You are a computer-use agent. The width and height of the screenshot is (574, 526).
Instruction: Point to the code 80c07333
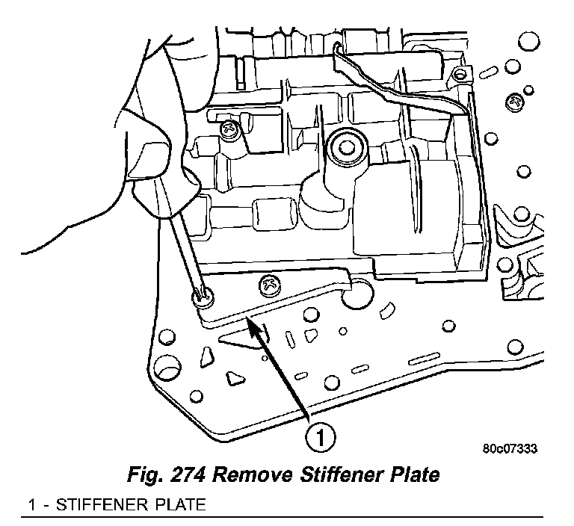[x=510, y=449]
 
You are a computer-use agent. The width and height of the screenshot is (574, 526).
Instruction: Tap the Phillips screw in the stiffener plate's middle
[x=268, y=284]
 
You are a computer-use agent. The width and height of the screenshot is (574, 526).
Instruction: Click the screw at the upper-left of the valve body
[x=230, y=131]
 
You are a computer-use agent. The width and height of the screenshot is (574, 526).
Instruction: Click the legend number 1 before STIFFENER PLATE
[x=31, y=505]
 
